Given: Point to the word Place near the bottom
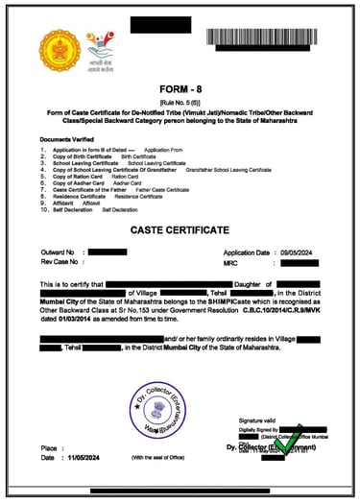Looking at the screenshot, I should coord(50,448).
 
